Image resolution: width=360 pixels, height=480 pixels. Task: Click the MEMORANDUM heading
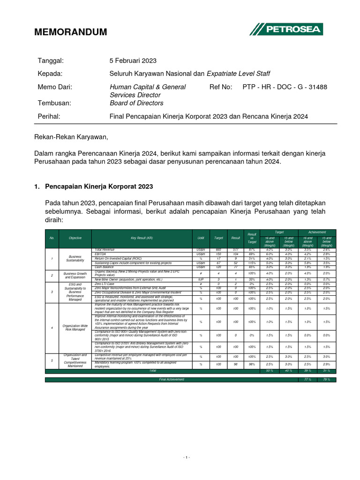coord(71,32)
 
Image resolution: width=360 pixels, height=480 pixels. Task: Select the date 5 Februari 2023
coord(133,61)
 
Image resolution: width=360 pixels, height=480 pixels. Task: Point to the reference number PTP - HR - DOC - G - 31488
coord(285,87)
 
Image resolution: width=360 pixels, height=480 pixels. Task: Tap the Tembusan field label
coord(54,103)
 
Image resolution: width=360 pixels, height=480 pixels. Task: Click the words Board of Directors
coord(136,103)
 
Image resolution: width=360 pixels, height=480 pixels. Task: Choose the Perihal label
coord(49,116)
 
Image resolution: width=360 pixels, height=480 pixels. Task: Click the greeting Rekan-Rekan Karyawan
coord(71,137)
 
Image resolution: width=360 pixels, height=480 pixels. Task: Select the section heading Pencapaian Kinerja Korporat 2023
coord(99,186)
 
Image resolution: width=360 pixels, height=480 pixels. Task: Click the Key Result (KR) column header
coord(142,238)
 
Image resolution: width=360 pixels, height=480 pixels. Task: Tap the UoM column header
coord(201,238)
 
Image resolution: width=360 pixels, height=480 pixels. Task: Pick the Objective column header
coord(75,238)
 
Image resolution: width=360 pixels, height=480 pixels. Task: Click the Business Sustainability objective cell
coord(75,259)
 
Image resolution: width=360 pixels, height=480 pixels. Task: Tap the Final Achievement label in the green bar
coord(172,379)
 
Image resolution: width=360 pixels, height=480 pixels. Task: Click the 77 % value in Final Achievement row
coord(307,379)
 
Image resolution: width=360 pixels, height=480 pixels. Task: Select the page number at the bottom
coord(187,457)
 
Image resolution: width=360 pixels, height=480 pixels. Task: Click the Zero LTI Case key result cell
coord(105,284)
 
